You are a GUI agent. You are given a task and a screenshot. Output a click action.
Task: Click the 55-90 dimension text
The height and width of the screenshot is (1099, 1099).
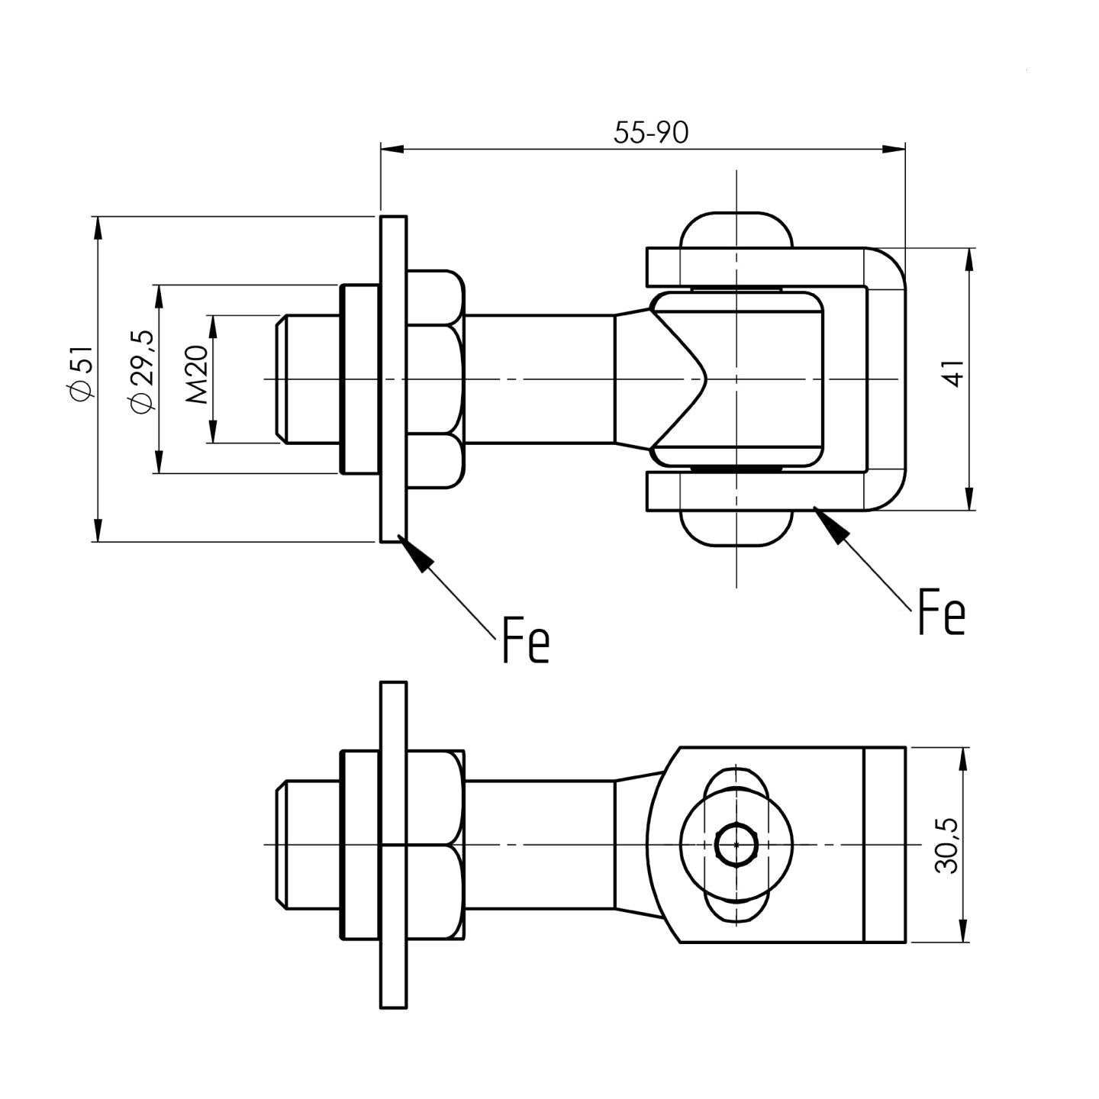coord(651,133)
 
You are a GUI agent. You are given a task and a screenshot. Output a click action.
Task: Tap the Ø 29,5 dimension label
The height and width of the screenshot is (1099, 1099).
coord(143,372)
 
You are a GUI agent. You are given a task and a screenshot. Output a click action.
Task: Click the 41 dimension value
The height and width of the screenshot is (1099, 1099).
coord(954,374)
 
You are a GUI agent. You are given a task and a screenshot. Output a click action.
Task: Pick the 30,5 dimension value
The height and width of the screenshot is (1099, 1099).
coord(947,845)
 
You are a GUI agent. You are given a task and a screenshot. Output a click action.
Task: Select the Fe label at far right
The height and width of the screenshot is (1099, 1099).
coord(941,611)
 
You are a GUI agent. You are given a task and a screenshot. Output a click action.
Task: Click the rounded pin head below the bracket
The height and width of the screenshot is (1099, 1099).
coord(736,529)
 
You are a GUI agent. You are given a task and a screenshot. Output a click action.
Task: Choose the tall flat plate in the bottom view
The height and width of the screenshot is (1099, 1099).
coord(393,845)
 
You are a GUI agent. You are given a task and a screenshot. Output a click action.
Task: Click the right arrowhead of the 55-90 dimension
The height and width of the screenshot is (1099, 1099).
coord(894,149)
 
